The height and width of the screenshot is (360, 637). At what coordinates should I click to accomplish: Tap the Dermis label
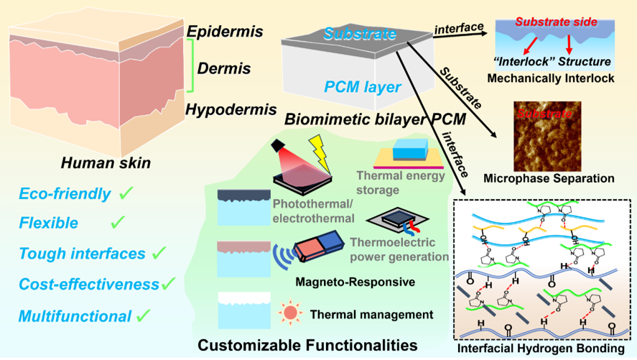225,69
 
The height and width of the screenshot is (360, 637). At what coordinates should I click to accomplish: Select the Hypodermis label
231,109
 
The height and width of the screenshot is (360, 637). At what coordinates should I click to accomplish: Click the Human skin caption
106,164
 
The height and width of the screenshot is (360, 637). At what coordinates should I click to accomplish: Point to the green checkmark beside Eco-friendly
127,193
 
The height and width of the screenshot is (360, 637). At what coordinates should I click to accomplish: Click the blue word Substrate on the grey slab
360,34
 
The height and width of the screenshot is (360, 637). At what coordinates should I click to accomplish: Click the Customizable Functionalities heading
307,344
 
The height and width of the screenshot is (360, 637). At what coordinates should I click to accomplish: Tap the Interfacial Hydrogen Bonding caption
545,349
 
